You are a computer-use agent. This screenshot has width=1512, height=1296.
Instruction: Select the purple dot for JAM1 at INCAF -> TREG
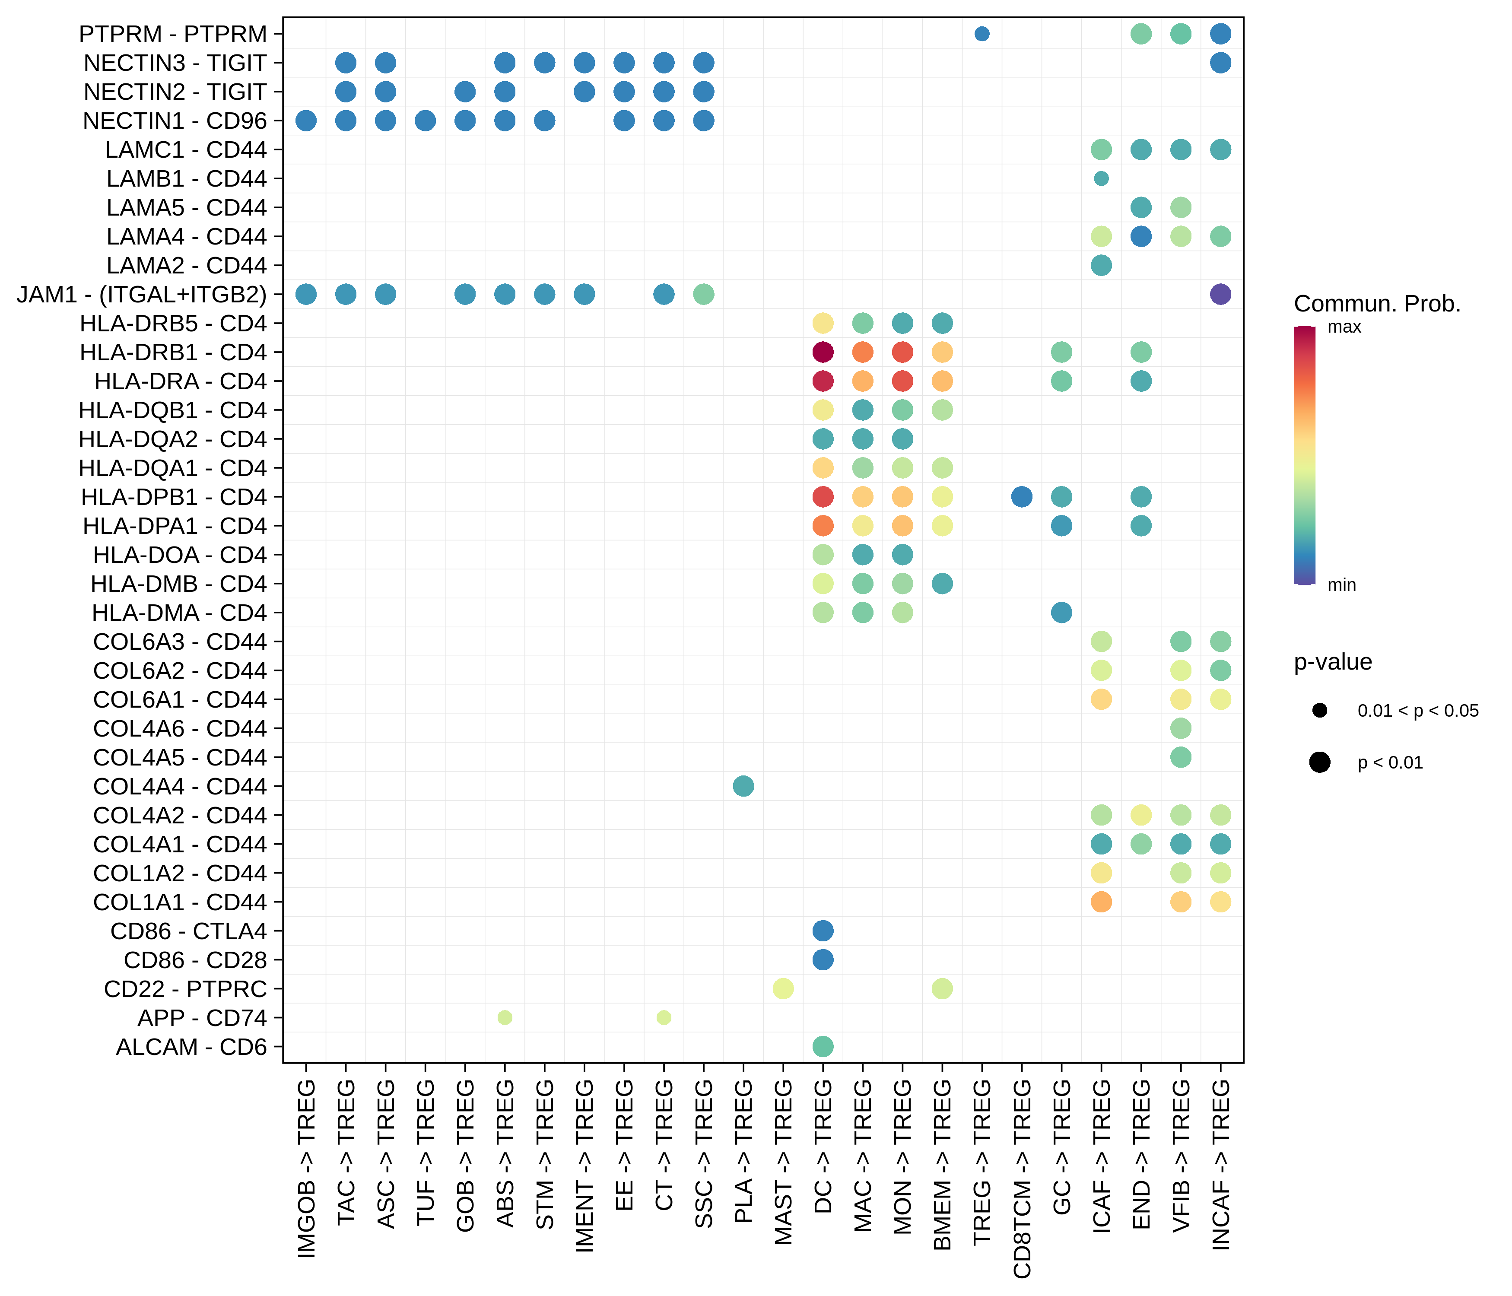[x=1220, y=294]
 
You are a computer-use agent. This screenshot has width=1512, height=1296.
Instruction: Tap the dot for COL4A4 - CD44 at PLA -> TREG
[x=743, y=786]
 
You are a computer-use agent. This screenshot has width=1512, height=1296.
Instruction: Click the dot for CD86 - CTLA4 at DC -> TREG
[x=823, y=931]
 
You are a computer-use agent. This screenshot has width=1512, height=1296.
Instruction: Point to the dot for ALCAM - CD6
[x=823, y=1046]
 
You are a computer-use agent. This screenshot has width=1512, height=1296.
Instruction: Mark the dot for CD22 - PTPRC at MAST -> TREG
[x=783, y=989]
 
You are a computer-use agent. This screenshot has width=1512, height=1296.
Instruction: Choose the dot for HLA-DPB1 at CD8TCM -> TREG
[x=1022, y=497]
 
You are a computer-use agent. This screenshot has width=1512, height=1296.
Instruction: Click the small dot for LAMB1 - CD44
[x=1101, y=178]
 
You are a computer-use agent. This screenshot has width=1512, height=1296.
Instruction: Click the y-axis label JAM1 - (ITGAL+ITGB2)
[x=142, y=295]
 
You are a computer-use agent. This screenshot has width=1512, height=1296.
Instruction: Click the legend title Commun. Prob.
[x=1377, y=304]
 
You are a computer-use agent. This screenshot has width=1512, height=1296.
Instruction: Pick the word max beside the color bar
[x=1344, y=327]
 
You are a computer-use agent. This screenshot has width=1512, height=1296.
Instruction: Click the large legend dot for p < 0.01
[x=1319, y=762]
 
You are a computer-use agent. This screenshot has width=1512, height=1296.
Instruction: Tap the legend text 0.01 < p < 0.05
[x=1417, y=711]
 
